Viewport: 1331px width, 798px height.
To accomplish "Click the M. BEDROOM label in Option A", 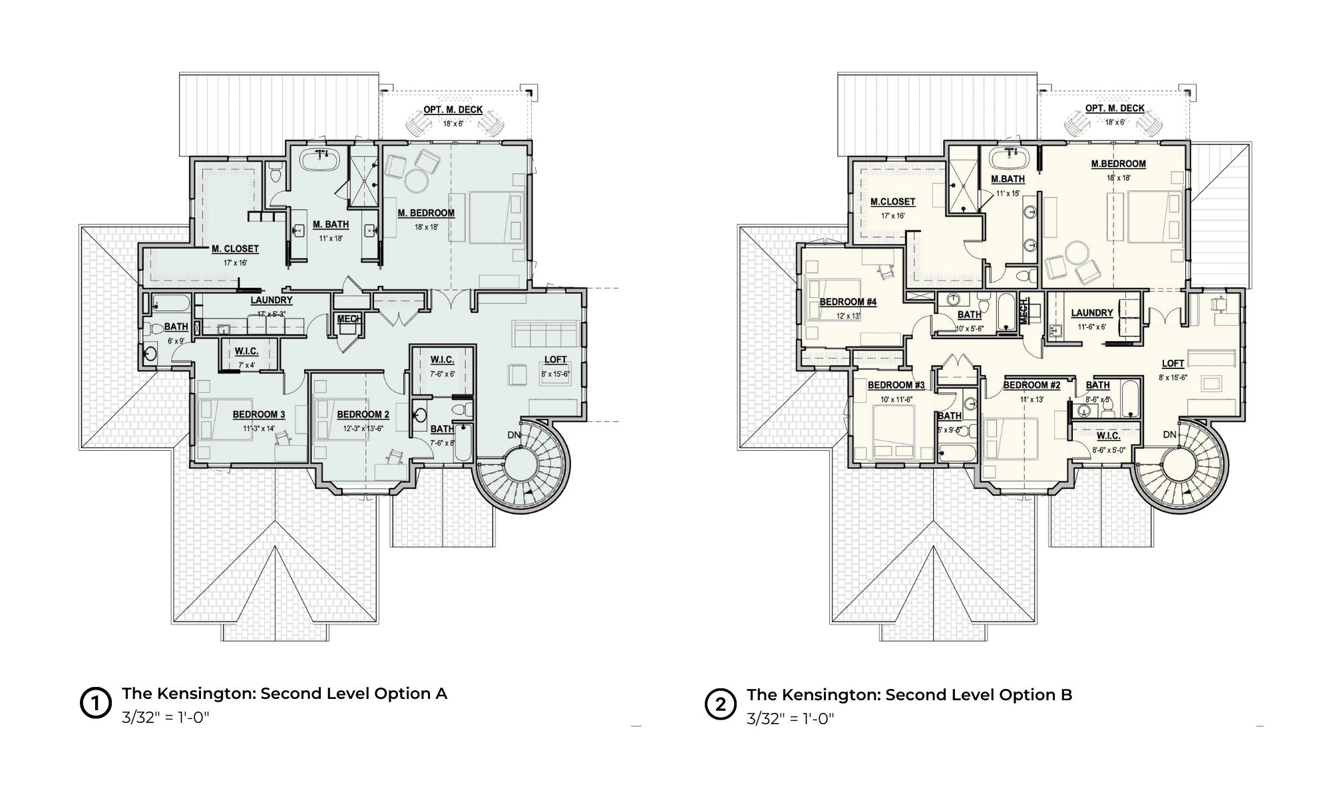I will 426,213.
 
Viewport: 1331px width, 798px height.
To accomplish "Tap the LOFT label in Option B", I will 1173,364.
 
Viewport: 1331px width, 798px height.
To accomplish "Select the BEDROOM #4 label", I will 847,302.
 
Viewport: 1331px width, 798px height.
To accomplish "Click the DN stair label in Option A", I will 514,435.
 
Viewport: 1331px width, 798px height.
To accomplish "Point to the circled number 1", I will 95,704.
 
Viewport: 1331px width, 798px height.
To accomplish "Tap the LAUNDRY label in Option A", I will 272,301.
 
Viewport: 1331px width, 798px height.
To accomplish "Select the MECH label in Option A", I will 349,319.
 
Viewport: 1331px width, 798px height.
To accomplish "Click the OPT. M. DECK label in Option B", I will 1115,108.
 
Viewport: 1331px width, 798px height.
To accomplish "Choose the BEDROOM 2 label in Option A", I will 363,415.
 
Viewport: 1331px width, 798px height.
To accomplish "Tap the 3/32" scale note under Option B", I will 790,719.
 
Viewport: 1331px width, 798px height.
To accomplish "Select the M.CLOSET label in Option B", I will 892,201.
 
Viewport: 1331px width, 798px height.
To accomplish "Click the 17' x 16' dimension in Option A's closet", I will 235,263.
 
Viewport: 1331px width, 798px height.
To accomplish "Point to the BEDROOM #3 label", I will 896,386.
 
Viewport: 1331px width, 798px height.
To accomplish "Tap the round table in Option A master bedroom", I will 417,180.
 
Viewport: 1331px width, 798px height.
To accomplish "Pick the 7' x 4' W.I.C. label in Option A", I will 246,365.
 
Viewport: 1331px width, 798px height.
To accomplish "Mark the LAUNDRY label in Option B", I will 1091,313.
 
